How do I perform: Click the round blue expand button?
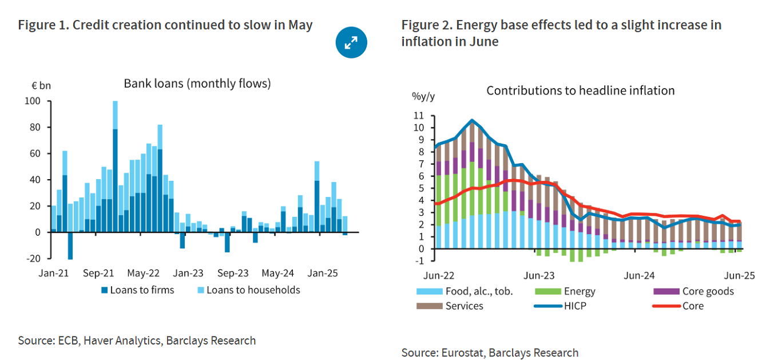pyautogui.click(x=351, y=42)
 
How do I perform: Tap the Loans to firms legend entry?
pyautogui.click(x=137, y=290)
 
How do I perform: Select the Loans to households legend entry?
pyautogui.click(x=248, y=290)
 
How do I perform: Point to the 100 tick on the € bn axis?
pyautogui.click(x=33, y=101)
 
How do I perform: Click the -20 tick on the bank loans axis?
pyautogui.click(x=32, y=259)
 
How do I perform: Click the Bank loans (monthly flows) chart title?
pyautogui.click(x=197, y=84)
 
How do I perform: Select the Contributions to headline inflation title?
pyautogui.click(x=580, y=90)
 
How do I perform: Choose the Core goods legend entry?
pyautogui.click(x=708, y=291)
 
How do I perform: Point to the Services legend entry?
pyautogui.click(x=464, y=306)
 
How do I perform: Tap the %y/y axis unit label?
pyautogui.click(x=423, y=96)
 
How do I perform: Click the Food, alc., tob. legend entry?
pyautogui.click(x=479, y=291)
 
